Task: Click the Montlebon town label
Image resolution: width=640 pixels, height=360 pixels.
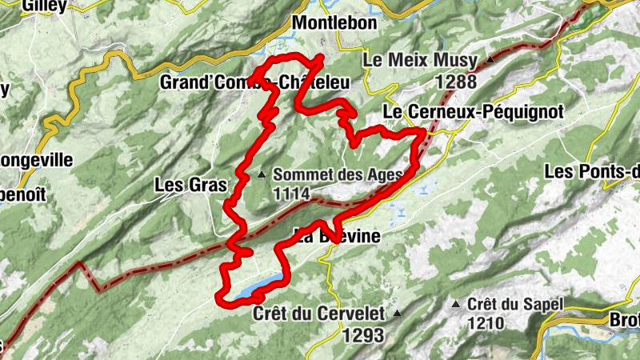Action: click(x=335, y=23)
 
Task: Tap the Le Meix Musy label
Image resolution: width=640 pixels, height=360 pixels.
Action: click(x=420, y=61)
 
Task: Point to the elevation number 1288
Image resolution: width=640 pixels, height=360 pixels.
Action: click(x=457, y=81)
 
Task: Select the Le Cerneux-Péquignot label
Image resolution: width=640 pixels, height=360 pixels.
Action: click(x=474, y=111)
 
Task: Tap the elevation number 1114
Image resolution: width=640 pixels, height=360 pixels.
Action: click(x=292, y=193)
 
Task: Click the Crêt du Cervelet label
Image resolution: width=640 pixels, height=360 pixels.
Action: click(x=318, y=314)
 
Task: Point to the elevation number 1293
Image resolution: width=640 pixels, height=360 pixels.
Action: click(x=362, y=335)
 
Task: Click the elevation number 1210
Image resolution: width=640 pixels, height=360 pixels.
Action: click(x=486, y=323)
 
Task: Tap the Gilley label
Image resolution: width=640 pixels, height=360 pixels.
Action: click(x=44, y=6)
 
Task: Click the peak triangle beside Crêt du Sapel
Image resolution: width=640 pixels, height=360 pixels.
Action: click(x=457, y=305)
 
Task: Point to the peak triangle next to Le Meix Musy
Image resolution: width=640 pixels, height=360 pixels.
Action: click(x=489, y=61)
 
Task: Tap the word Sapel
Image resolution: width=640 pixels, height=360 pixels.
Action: click(x=544, y=305)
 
